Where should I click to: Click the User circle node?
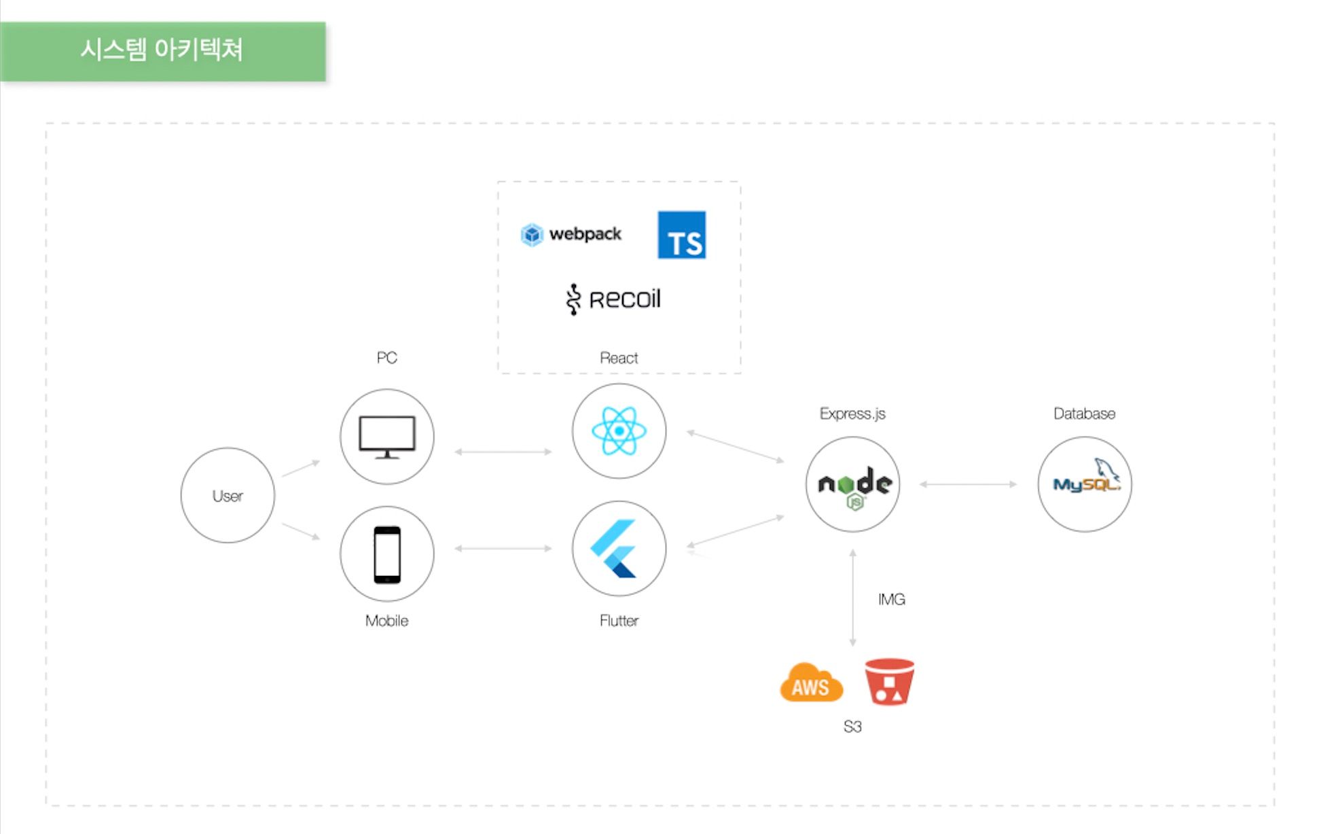tap(228, 495)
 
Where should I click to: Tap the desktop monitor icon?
tap(386, 437)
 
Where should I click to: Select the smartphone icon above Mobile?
tap(387, 554)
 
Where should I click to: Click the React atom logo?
tap(619, 431)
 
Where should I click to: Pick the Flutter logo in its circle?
tap(615, 549)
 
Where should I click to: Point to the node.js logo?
tap(853, 485)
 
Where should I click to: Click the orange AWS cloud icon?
tap(811, 683)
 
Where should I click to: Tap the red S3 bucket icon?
tap(889, 681)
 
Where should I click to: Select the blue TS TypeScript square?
tap(681, 235)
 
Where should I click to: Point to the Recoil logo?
tap(613, 299)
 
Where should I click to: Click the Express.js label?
tap(852, 414)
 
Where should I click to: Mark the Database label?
tap(1084, 414)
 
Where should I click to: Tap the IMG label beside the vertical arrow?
tap(891, 599)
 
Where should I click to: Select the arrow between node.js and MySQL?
tap(968, 484)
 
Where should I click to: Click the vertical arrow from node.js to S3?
tap(853, 598)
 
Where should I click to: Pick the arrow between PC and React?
tap(503, 452)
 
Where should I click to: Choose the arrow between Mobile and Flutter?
tap(503, 548)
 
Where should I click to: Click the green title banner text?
tap(162, 50)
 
